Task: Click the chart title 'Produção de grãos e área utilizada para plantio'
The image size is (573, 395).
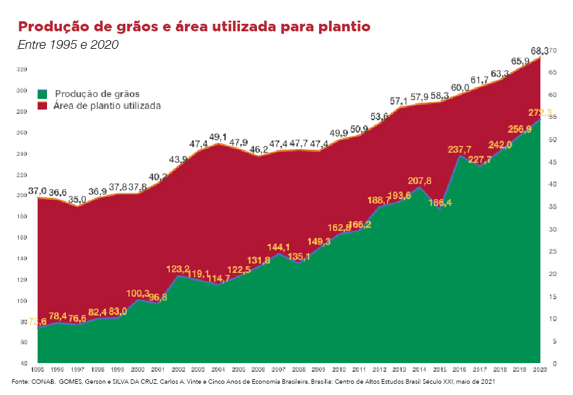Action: coord(194,27)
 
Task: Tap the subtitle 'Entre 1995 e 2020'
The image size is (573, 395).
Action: coord(68,45)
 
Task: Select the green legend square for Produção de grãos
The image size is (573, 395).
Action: coord(43,94)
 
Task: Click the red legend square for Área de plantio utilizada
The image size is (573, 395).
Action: coord(43,106)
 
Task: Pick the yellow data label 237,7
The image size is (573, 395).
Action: coord(460,150)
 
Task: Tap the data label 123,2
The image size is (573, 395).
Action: coord(177,269)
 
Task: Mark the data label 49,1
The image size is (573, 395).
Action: coord(218,137)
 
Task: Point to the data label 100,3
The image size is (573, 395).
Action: coord(139,293)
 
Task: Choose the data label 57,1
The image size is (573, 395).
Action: coord(399,101)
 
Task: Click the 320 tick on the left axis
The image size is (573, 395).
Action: coord(23,69)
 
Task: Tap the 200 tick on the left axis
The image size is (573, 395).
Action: coord(23,195)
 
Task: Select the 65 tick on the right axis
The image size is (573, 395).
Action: coord(552,73)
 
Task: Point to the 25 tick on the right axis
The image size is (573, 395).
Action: coord(552,252)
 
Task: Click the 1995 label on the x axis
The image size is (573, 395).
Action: coord(38,371)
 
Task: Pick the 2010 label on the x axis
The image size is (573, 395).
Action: coord(339,371)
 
